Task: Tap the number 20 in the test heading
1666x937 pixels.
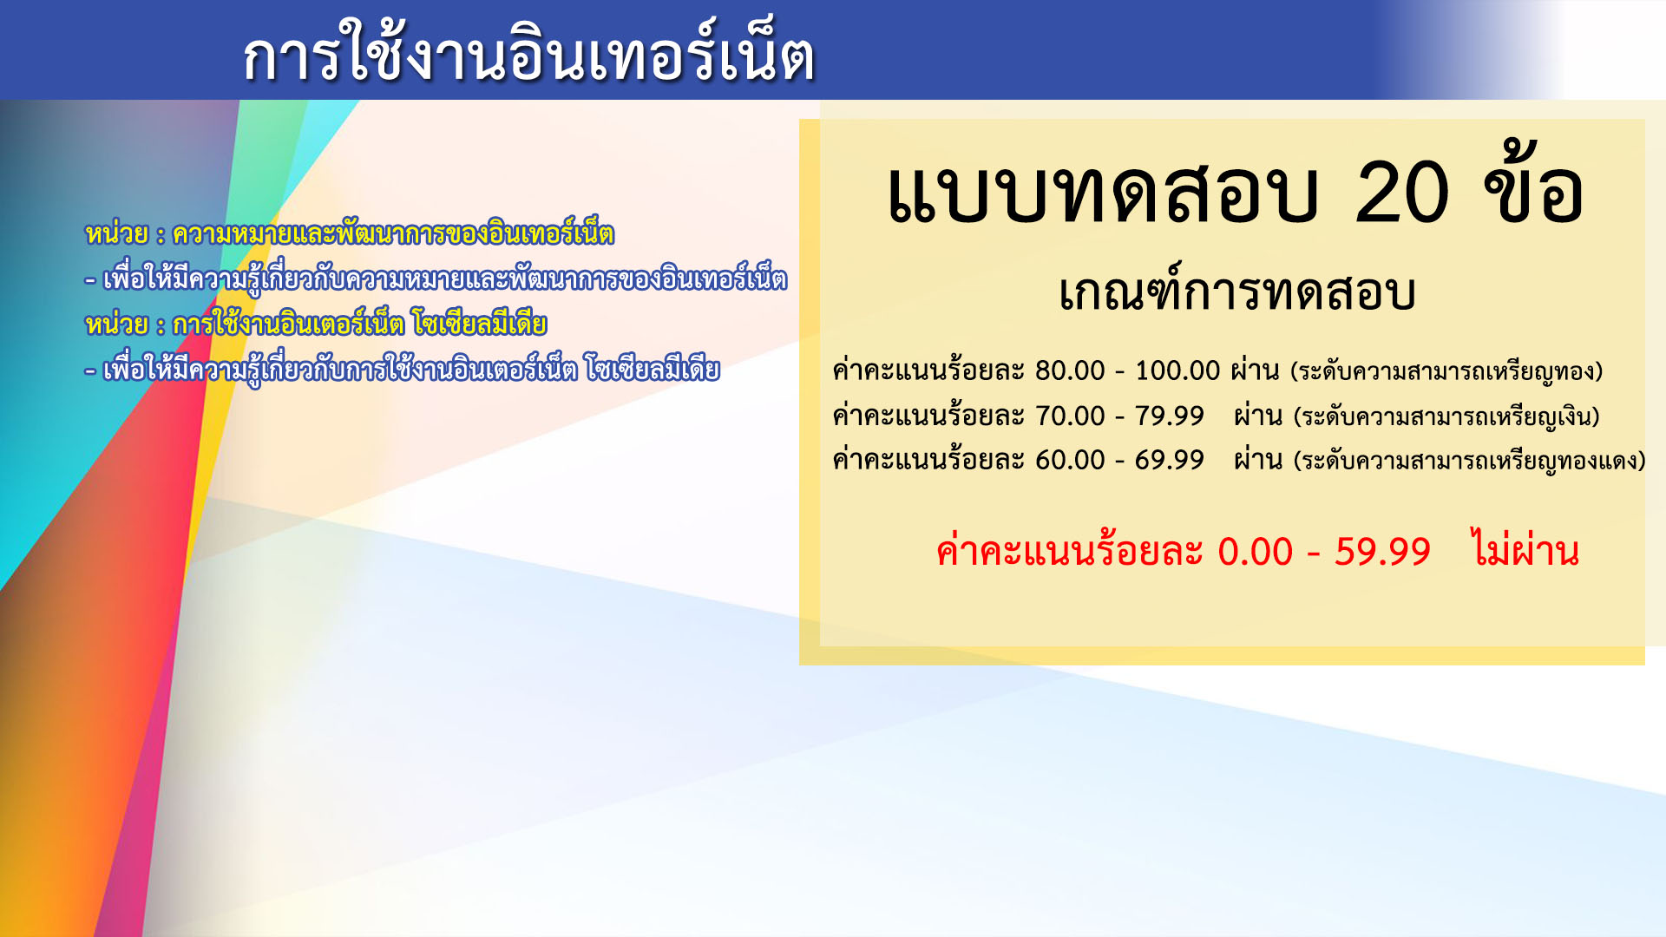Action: [1401, 193]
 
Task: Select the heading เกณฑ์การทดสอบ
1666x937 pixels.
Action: [1237, 291]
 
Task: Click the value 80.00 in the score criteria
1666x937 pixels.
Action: [1070, 370]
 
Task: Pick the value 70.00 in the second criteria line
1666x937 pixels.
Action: [1070, 416]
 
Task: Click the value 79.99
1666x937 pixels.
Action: [1169, 416]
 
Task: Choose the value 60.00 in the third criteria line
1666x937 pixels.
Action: [1070, 460]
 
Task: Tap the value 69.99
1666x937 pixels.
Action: [1169, 460]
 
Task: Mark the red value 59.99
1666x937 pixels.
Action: [1382, 552]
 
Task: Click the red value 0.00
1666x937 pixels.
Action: [1255, 552]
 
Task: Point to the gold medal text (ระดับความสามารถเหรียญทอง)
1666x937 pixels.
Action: [1446, 371]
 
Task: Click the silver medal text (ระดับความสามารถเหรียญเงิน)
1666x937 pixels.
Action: [1446, 416]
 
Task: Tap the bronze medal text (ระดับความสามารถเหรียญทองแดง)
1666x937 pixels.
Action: [1470, 461]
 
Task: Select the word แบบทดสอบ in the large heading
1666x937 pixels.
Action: [1103, 193]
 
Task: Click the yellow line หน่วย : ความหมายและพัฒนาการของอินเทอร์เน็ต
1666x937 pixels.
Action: [350, 233]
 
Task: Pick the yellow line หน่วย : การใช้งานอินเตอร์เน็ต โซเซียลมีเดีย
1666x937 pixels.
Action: [316, 323]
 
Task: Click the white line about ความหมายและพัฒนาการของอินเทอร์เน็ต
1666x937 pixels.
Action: [436, 278]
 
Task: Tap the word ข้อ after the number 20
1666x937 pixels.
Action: [1534, 184]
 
